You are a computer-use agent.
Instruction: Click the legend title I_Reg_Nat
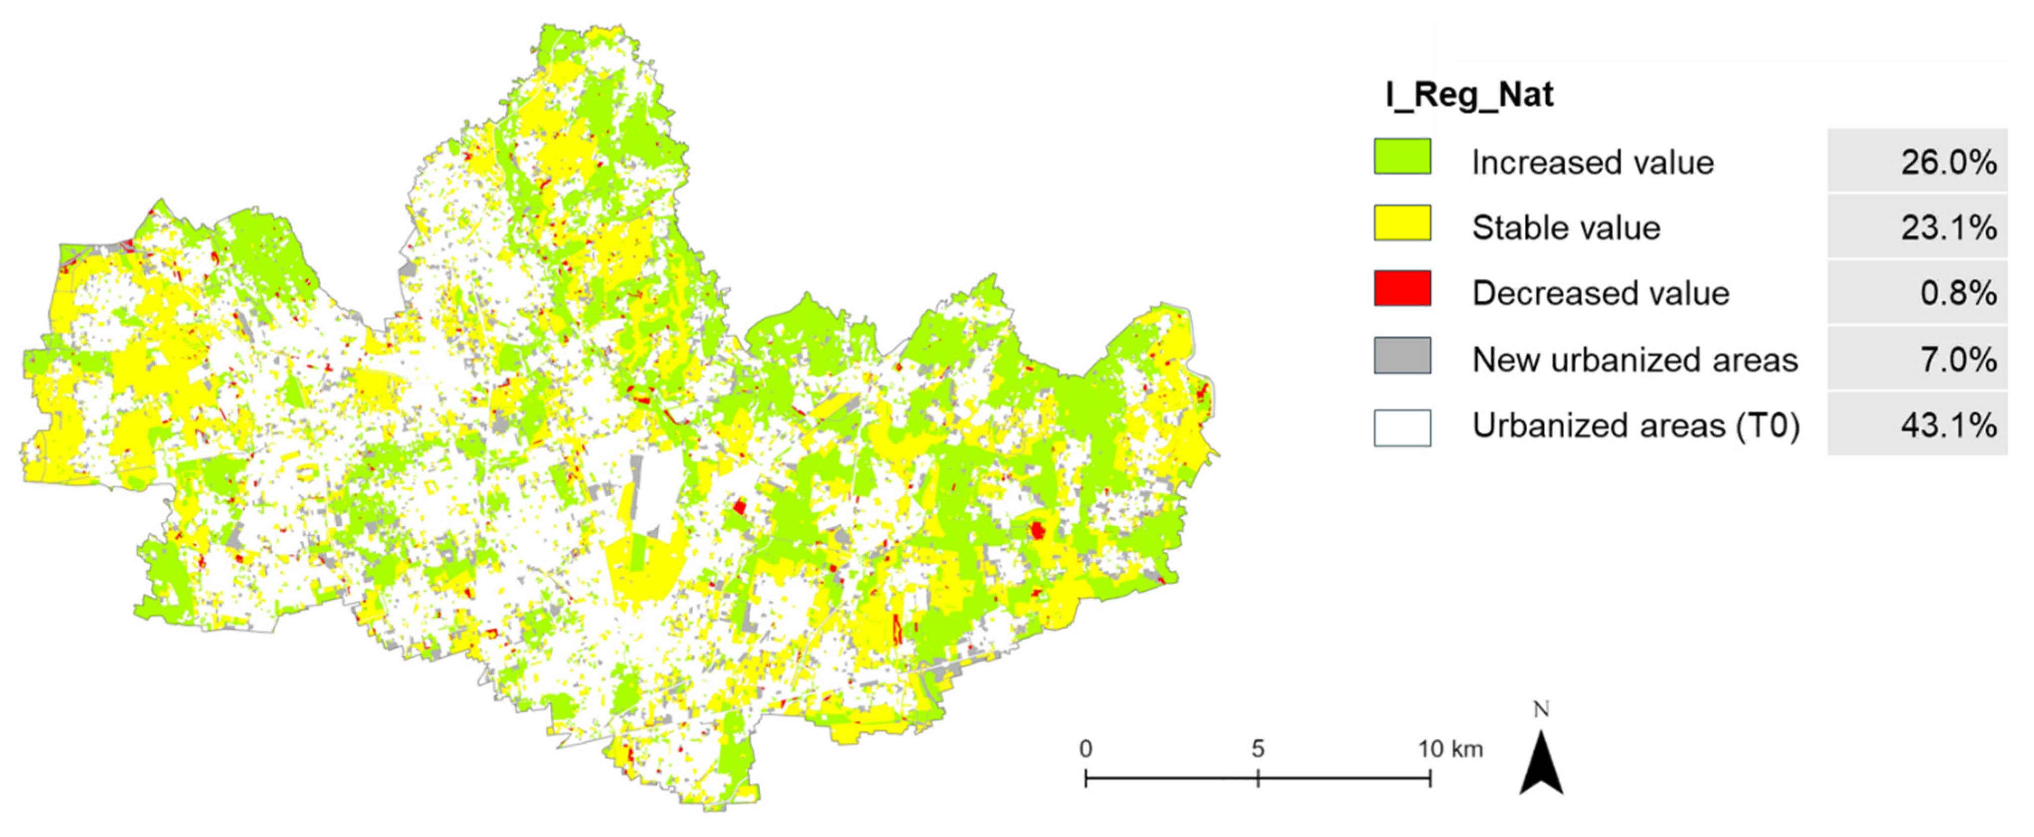pos(1469,95)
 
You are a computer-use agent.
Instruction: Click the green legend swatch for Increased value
pos(1403,156)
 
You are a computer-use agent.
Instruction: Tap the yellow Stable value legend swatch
pos(1403,222)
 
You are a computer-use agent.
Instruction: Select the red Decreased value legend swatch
pos(1403,288)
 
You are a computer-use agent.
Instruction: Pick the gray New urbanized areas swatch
pos(1403,355)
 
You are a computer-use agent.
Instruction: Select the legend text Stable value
pos(1566,228)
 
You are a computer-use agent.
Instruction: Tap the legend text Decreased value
pos(1601,294)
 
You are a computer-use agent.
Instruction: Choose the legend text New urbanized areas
pos(1634,360)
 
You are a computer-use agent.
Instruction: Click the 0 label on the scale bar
pos(1086,749)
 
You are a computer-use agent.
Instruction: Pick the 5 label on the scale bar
pos(1258,749)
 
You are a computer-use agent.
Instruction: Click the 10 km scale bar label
pos(1450,749)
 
